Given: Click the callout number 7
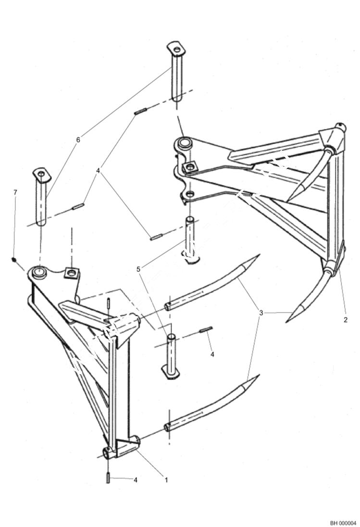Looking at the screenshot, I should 15,193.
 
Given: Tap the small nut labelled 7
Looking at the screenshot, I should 14,260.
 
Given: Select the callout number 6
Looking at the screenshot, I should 78,140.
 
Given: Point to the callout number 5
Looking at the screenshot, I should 138,270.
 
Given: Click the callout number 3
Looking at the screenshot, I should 261,313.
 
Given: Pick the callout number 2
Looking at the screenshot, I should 345,319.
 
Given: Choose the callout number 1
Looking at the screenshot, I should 166,479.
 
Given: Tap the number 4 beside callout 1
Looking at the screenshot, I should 136,479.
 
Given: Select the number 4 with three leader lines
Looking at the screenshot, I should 98,171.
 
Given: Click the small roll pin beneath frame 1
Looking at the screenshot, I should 109,478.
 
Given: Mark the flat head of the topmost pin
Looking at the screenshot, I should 176,48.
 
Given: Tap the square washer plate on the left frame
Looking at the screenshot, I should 72,273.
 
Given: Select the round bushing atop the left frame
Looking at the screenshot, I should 39,272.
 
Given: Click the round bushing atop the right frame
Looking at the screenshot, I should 185,143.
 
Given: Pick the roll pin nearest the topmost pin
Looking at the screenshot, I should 140,112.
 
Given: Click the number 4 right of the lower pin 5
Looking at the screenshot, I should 212,355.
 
